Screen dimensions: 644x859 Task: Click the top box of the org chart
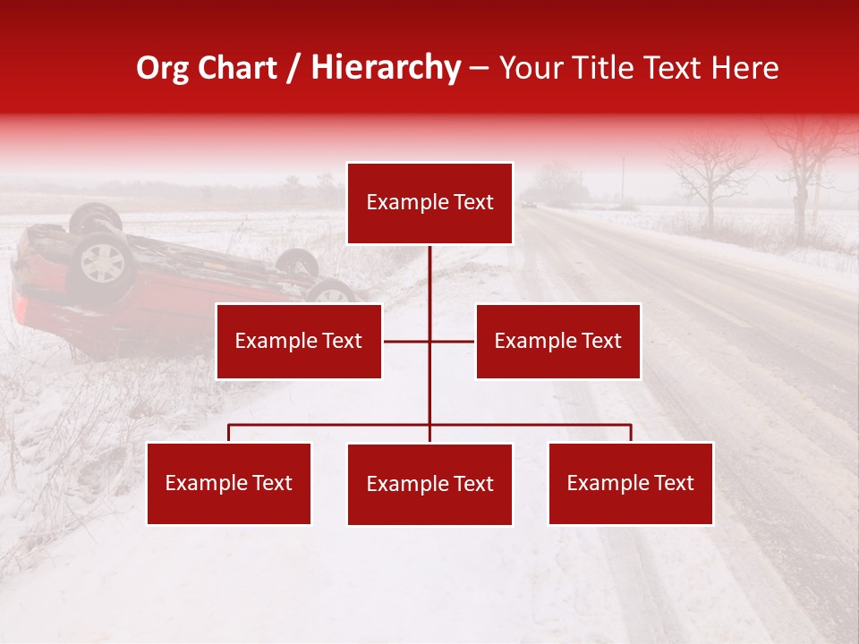429,203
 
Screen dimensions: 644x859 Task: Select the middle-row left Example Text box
299,341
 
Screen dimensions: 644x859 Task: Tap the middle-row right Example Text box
557,341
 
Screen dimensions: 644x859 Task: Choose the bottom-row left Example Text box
228,483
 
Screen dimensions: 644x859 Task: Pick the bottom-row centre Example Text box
429,484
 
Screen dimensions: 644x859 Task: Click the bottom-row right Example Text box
630,483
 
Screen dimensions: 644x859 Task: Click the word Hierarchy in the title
386,68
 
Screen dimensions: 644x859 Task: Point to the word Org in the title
163,68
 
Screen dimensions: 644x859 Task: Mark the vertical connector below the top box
429,286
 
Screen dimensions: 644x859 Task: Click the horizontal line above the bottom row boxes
331,425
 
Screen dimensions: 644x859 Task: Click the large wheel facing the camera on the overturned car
101,263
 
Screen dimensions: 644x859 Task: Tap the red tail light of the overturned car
21,309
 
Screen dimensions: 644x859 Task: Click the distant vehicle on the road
529,205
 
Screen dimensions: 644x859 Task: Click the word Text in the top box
474,203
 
